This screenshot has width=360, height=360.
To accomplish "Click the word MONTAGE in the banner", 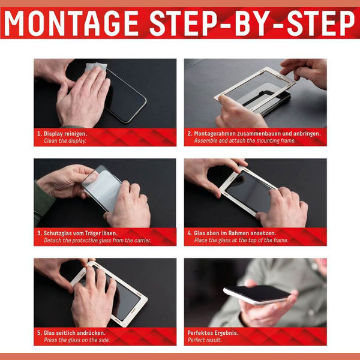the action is pyautogui.click(x=71, y=23).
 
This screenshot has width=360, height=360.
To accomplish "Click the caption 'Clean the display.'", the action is pyautogui.click(x=65, y=141).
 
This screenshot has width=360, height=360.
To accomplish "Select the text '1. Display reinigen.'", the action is pyautogui.click(x=62, y=134).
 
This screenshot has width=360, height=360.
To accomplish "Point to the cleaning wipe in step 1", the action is pyautogui.click(x=97, y=68).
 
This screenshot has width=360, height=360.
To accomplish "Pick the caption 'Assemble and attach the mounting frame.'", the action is pyautogui.click(x=245, y=140).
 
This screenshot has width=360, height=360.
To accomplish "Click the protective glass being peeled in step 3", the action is pyautogui.click(x=103, y=188).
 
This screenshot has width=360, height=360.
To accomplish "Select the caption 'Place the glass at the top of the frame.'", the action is pyautogui.click(x=241, y=240).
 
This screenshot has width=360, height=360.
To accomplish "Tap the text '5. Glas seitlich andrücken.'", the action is pyautogui.click(x=71, y=332).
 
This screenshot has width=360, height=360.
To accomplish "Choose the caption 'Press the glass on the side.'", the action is pyautogui.click(x=77, y=340).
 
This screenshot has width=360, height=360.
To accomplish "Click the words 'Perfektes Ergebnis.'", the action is pyautogui.click(x=213, y=333).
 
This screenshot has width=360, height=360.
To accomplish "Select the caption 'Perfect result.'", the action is pyautogui.click(x=205, y=340).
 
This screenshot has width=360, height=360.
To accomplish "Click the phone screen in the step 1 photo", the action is pyautogui.click(x=125, y=97).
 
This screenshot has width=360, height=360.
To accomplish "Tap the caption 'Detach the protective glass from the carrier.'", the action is pyautogui.click(x=97, y=241).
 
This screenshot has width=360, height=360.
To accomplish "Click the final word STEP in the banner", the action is pyautogui.click(x=321, y=23).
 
